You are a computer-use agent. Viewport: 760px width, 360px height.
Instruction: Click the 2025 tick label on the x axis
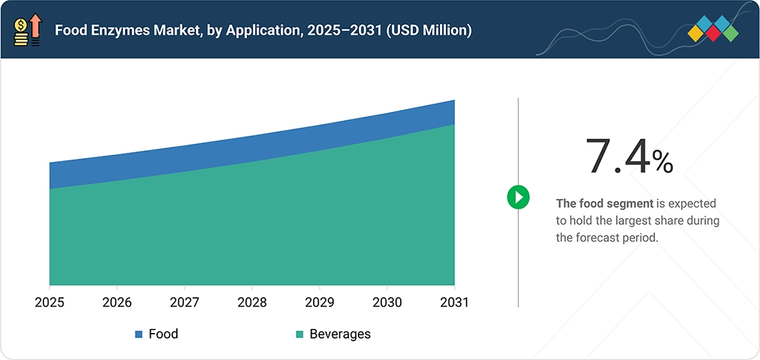coord(50,303)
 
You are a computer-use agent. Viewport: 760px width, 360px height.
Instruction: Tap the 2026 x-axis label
coord(117,303)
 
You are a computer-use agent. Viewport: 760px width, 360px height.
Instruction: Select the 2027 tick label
coord(184,303)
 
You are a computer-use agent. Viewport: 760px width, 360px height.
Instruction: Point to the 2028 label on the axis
coord(252,303)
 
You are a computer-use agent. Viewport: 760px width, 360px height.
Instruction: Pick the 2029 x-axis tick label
coord(319,303)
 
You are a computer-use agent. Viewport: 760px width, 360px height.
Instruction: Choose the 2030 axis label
coord(387,303)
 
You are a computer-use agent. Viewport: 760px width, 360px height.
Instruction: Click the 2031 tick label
coord(454,303)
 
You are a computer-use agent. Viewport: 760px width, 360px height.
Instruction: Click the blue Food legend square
coord(139,334)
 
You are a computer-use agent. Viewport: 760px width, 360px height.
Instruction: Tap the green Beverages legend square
coord(299,334)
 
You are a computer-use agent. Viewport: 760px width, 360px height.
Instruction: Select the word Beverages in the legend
coord(340,334)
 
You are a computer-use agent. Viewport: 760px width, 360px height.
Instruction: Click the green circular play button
coord(518,197)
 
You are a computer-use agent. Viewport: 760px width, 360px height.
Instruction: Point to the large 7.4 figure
coord(618,156)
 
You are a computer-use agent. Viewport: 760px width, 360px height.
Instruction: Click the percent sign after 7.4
coord(662,162)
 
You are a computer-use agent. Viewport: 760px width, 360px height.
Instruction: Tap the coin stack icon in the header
coord(21,33)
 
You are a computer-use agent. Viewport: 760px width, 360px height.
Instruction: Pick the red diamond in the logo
coord(714,33)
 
